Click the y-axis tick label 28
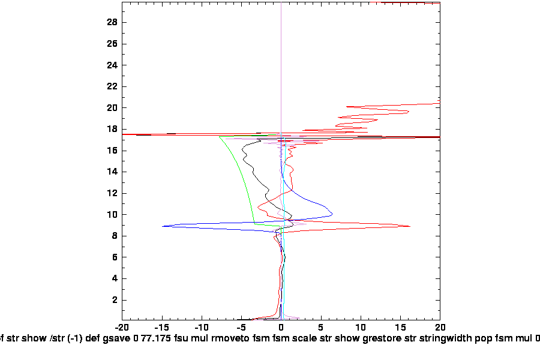click(x=112, y=23)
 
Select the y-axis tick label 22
click(x=112, y=86)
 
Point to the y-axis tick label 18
click(x=112, y=129)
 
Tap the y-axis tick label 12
click(x=112, y=193)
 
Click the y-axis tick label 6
click(x=115, y=257)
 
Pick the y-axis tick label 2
click(x=115, y=300)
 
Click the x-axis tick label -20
click(x=122, y=328)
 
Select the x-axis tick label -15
click(x=161, y=328)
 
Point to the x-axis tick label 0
click(x=281, y=328)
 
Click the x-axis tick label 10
click(x=361, y=328)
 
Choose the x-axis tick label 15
click(x=400, y=328)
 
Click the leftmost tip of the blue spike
click(x=163, y=226)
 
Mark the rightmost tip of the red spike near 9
click(x=410, y=226)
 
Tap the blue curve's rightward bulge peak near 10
click(x=332, y=214)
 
